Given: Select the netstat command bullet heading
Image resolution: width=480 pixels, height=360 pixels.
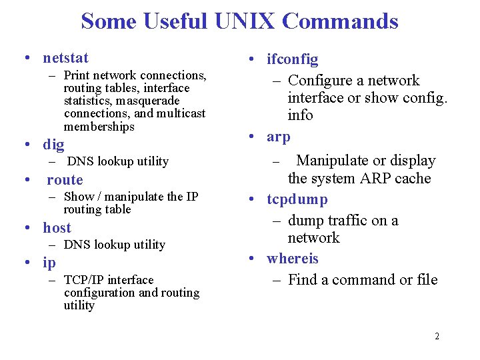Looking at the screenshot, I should pos(65,58).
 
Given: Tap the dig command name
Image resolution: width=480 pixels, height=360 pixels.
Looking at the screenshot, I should pos(53,144).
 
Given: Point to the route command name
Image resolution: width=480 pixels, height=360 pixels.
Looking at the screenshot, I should pos(65,180).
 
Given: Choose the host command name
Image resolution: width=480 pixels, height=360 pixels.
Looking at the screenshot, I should pos(57,228).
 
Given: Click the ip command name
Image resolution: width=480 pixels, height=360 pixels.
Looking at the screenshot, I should pos(49,263).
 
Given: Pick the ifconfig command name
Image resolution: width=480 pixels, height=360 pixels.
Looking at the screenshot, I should pos(293,60).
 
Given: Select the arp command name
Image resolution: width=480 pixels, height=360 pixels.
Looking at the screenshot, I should pos(279,137).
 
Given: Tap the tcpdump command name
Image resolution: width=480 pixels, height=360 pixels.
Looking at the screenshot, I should pos(297,199).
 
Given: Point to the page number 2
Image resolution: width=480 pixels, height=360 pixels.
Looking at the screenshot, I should pos(437,336).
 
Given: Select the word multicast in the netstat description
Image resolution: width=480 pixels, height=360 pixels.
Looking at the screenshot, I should pos(181,114).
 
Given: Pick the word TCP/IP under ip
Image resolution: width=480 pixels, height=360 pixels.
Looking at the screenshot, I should pos(84,280).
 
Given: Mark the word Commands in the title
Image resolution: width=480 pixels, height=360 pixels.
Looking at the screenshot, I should pos(340,21).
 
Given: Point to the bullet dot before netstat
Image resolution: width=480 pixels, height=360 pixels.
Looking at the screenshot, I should pos(25,58).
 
